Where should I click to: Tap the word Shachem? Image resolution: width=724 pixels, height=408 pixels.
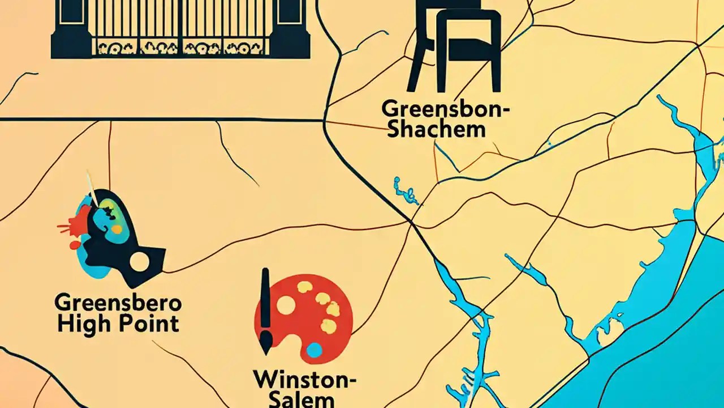click(437, 129)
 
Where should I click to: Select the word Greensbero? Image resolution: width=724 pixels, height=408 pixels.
click(118, 303)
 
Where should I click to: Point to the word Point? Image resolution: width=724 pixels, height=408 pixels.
click(149, 324)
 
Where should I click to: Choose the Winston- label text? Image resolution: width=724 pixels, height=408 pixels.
click(304, 379)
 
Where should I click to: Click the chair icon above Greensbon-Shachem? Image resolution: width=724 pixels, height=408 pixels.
click(458, 45)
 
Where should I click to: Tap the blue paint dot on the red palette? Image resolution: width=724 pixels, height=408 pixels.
click(314, 350)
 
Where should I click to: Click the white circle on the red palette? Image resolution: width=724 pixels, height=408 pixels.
click(286, 305)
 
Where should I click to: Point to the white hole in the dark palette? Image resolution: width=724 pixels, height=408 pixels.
click(140, 261)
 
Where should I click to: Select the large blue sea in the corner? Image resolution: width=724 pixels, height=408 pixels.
click(667, 351)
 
